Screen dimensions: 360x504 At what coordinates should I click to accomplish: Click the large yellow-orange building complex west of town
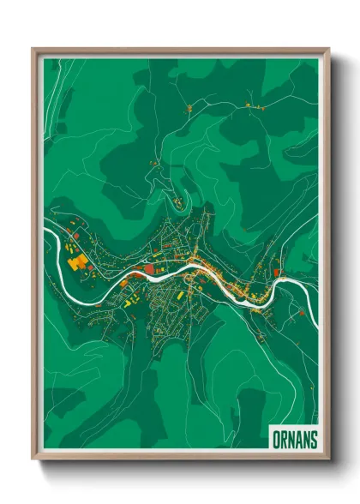click(x=75, y=261)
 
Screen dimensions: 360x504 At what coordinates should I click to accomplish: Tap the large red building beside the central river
click(x=151, y=268)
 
